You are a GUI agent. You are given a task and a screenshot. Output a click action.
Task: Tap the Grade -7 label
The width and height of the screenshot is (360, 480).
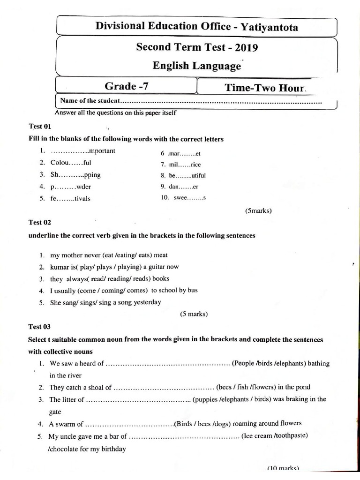[x=127, y=86]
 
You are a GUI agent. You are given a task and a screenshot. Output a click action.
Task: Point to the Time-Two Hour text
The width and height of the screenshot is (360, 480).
[x=265, y=87]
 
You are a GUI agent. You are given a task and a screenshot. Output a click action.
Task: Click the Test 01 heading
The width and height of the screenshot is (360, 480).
[x=39, y=127]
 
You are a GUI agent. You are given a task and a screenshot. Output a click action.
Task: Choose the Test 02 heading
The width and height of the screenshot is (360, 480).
[x=39, y=222]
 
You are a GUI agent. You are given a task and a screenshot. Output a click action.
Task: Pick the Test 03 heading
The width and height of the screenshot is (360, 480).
[x=39, y=327]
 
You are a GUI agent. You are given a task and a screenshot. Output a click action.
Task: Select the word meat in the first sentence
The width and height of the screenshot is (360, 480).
[x=160, y=255]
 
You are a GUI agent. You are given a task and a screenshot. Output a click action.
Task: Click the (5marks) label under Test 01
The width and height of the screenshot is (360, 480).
[x=258, y=210]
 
